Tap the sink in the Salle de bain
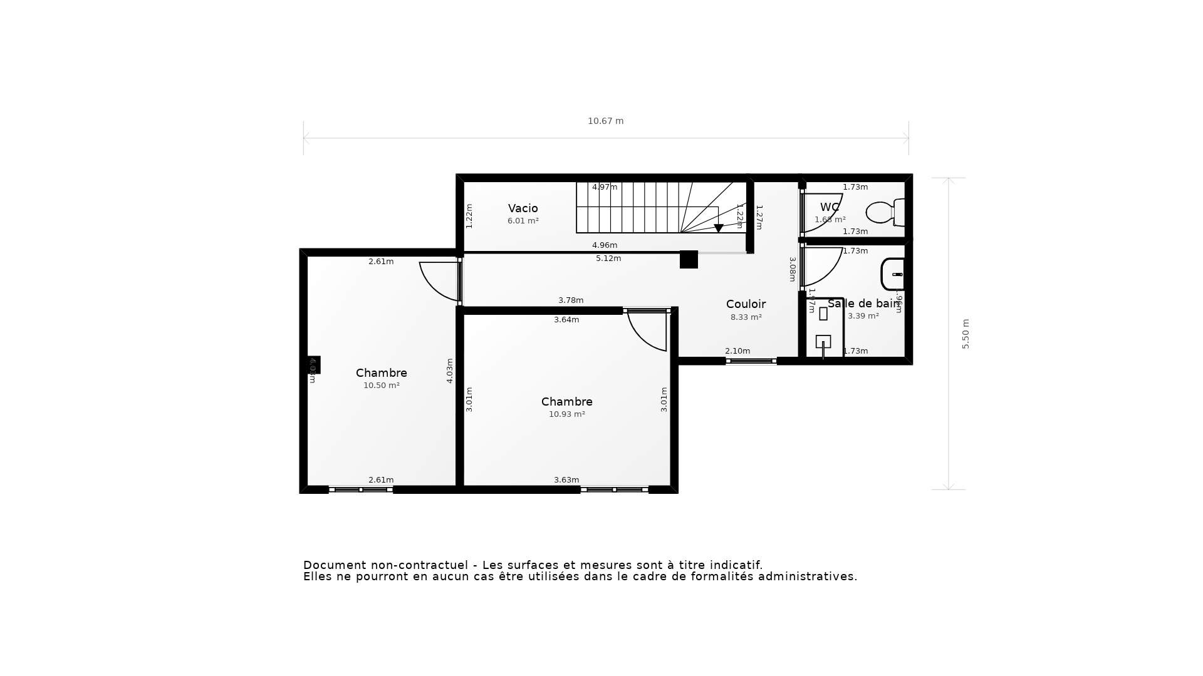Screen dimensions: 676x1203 [x=893, y=274]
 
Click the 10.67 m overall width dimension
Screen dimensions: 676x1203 [x=605, y=121]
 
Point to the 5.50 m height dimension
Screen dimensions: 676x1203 [x=965, y=334]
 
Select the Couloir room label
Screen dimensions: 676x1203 [x=746, y=304]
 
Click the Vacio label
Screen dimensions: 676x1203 [x=523, y=208]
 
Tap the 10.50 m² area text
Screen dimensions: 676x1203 [x=381, y=386]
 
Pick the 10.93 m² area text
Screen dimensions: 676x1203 [x=566, y=414]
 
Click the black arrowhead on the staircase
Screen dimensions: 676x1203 [x=719, y=228]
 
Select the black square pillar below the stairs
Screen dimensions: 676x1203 [x=689, y=259]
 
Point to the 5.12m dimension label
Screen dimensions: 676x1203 [x=608, y=259]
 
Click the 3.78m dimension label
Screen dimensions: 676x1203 [x=570, y=300]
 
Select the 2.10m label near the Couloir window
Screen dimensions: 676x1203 [x=737, y=351]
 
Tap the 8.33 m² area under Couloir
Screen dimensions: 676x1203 [x=746, y=317]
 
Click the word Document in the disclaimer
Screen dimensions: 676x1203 [x=331, y=565]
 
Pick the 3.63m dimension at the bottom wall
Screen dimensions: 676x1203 [x=566, y=480]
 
